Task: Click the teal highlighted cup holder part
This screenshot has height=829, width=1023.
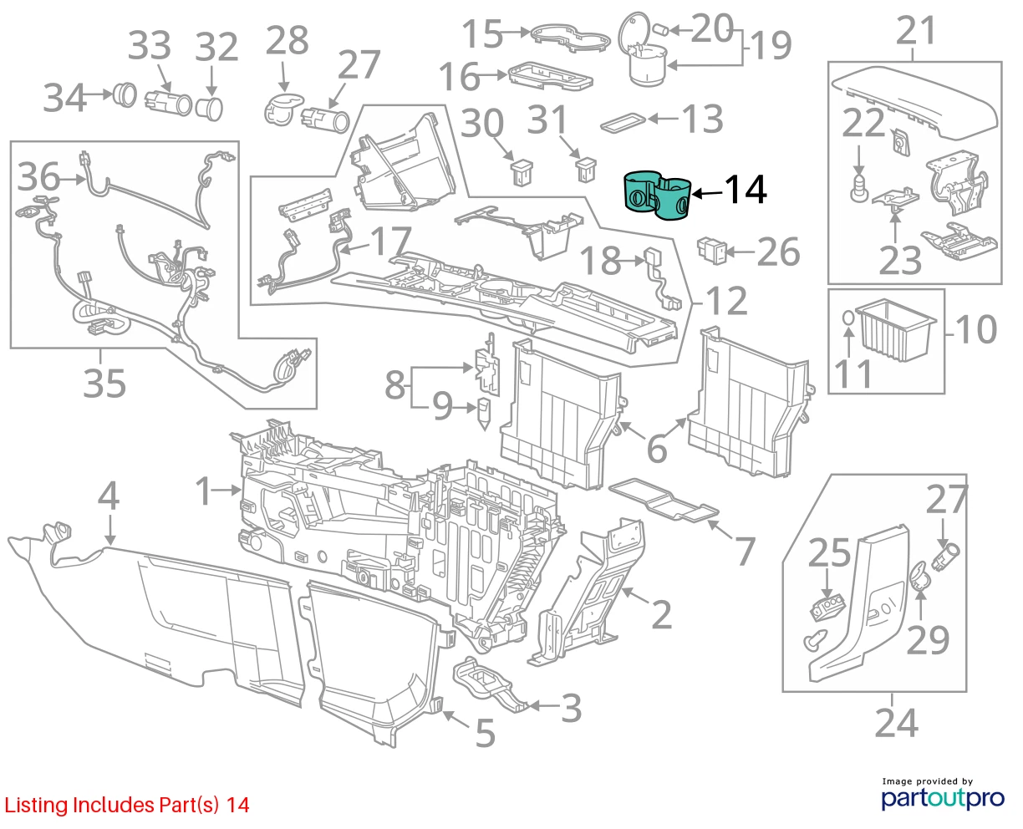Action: tap(657, 197)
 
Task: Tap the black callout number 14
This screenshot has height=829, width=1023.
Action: tap(745, 191)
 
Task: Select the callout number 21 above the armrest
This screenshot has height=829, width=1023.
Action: tap(916, 31)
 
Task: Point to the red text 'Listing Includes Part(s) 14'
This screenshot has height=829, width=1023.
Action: tap(127, 806)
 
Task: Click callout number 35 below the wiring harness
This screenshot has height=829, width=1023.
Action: tap(104, 384)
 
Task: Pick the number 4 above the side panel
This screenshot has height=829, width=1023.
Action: tap(109, 496)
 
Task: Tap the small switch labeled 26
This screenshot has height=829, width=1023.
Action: tap(711, 250)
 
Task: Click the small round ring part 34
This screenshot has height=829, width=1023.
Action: tap(125, 94)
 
